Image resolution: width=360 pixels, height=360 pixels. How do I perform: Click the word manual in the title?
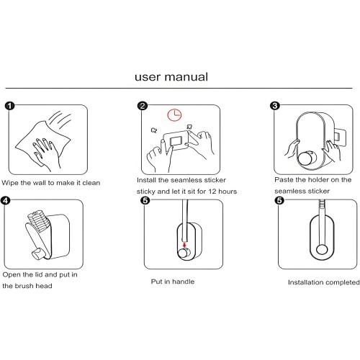click(186, 77)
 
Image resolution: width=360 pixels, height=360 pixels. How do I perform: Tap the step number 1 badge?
click(9, 106)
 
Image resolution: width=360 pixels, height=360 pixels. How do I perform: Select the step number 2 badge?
click(143, 106)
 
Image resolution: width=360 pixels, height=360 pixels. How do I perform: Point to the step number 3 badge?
click(275, 106)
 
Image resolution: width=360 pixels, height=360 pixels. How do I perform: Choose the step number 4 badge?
click(6, 201)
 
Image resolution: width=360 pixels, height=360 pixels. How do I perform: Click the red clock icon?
click(174, 114)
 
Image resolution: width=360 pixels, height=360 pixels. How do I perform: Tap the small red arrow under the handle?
click(184, 245)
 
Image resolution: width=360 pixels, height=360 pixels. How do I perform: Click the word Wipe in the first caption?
click(10, 183)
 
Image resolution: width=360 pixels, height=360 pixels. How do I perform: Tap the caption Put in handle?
click(173, 282)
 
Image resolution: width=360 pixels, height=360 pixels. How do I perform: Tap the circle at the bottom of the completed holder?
click(322, 250)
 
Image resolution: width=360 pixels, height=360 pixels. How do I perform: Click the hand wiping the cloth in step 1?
click(45, 153)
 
